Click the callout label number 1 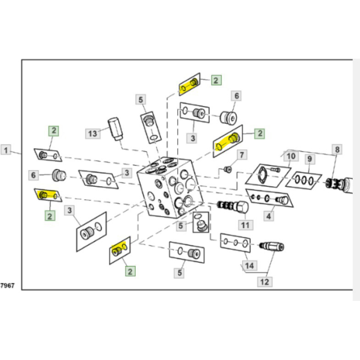[6, 150]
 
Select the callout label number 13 [93, 133]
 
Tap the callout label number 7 [242, 155]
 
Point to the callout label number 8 [337, 150]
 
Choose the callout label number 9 [310, 159]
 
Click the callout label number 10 [291, 156]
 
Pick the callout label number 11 [245, 225]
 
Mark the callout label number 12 [265, 282]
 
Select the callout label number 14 [249, 266]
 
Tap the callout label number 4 [268, 216]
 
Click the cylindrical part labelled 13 [116, 129]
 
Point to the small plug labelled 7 [227, 169]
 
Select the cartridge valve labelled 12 [272, 246]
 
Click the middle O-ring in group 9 [304, 180]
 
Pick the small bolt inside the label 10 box [275, 170]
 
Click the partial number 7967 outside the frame [7, 285]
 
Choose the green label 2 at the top [216, 80]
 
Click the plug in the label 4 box [282, 200]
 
